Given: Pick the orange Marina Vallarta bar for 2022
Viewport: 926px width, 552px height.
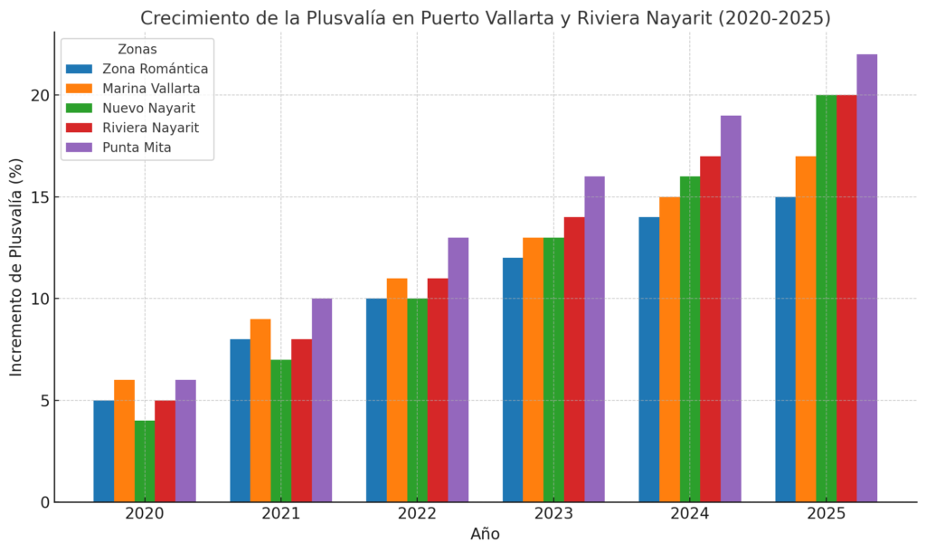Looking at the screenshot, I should point(396,390).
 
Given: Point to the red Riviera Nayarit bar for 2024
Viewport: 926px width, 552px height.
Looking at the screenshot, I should point(710,329).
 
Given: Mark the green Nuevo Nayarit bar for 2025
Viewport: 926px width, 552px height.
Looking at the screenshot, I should point(826,299).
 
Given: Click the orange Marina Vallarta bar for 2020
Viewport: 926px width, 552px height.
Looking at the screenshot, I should point(124,441).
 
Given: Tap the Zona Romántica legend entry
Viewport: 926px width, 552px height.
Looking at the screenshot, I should point(155,69).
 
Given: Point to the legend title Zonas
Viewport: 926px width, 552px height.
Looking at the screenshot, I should point(137,50).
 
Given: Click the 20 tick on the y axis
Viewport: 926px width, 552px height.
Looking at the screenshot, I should point(35,95).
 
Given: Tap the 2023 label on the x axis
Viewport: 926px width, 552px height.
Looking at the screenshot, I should point(553,514).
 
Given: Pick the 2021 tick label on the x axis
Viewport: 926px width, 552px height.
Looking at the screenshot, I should point(280,514).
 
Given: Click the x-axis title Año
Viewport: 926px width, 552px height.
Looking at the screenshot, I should point(485,534).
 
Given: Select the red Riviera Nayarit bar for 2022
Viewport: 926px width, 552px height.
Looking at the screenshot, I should point(437,390).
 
